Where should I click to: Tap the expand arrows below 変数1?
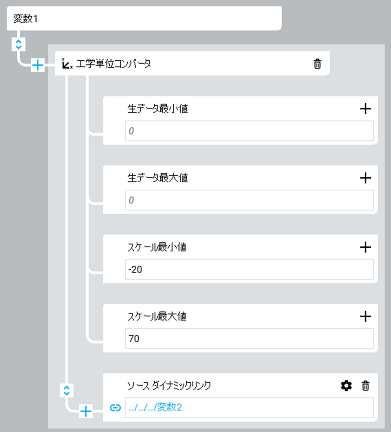[18, 44]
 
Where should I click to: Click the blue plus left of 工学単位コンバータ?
[37, 66]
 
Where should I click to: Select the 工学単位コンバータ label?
[113, 64]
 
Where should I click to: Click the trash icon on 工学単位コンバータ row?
[317, 64]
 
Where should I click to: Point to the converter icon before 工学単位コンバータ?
[67, 64]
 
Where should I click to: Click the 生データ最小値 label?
[157, 109]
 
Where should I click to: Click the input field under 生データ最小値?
[249, 131]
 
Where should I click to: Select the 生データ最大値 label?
[157, 178]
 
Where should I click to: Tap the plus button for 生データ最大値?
[365, 178]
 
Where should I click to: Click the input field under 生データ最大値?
[249, 200]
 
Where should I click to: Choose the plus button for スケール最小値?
[365, 247]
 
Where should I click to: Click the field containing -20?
[249, 270]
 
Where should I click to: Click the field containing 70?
[249, 339]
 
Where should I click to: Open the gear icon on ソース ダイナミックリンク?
[347, 386]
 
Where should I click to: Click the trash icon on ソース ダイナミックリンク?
[365, 386]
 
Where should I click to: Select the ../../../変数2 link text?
[155, 408]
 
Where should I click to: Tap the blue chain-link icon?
[115, 408]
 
